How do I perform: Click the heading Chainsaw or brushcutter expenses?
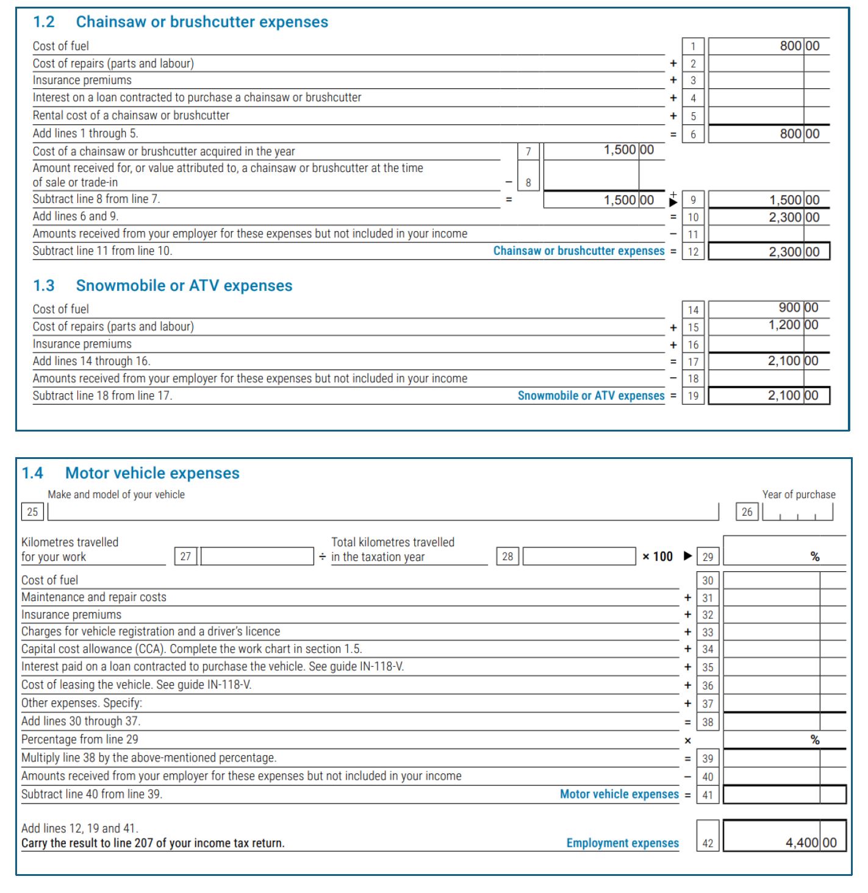pyautogui.click(x=201, y=22)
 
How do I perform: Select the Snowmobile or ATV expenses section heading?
pyautogui.click(x=184, y=286)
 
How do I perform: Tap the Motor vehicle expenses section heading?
pyautogui.click(x=152, y=473)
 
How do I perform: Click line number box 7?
pyautogui.click(x=528, y=151)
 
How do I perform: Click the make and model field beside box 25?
pyautogui.click(x=383, y=512)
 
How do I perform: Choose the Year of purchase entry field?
pyautogui.click(x=797, y=512)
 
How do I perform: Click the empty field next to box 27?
pyautogui.click(x=257, y=557)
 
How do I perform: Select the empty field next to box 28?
pyautogui.click(x=579, y=557)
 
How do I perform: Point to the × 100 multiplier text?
pyautogui.click(x=658, y=557)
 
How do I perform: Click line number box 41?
pyautogui.click(x=708, y=795)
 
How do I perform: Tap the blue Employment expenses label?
pyautogui.click(x=622, y=843)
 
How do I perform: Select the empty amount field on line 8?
pyautogui.click(x=590, y=176)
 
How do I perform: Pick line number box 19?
pyautogui.click(x=693, y=396)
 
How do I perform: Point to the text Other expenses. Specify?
pyautogui.click(x=82, y=703)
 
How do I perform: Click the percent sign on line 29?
pyautogui.click(x=815, y=557)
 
